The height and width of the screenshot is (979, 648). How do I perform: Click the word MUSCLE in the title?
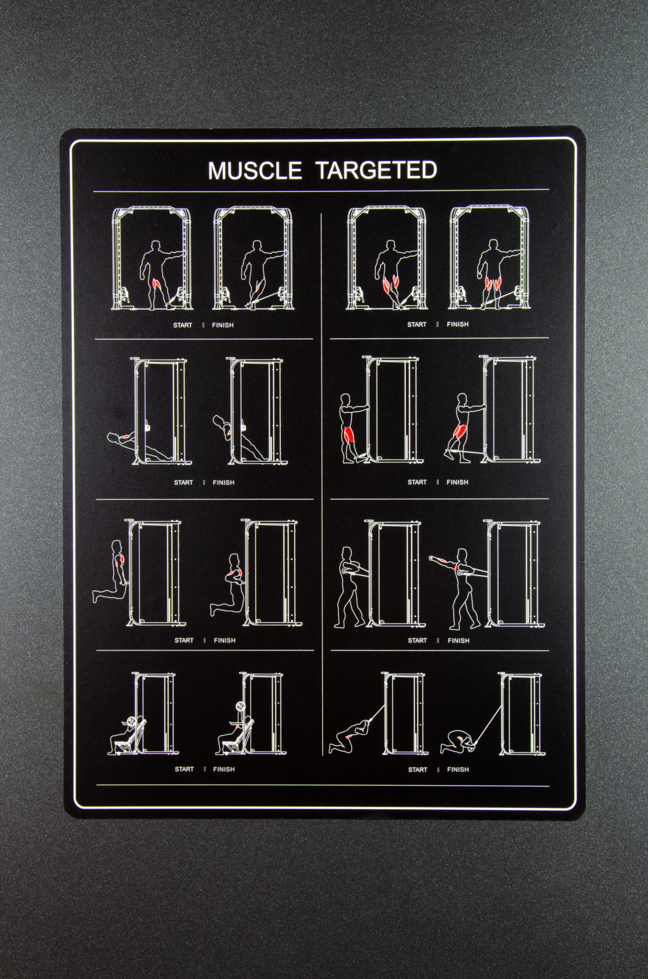[254, 171]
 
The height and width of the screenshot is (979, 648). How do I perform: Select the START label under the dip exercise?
[184, 640]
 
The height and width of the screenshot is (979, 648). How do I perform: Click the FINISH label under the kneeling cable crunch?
[458, 770]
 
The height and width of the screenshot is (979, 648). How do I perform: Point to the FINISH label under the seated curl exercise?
[224, 769]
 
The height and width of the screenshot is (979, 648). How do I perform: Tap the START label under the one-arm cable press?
[417, 641]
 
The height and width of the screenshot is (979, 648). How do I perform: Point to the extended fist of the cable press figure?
[432, 558]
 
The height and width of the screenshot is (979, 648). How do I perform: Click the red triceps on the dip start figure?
[120, 561]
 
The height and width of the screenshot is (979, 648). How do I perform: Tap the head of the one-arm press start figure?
[347, 552]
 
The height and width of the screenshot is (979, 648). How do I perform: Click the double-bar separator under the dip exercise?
[204, 640]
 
